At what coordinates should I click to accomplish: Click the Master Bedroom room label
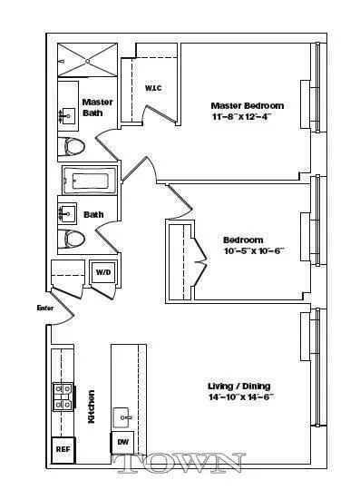(x=242, y=105)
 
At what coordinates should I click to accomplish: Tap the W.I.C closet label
(x=152, y=88)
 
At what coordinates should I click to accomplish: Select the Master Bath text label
(x=97, y=107)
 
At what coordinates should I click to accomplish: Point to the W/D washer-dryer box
(x=103, y=271)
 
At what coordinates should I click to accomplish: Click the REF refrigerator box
(x=63, y=449)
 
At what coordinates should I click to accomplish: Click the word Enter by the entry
(x=45, y=309)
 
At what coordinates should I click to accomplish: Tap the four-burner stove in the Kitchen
(x=62, y=396)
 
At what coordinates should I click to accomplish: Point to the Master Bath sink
(x=68, y=116)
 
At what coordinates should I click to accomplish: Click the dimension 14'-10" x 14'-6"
(x=242, y=397)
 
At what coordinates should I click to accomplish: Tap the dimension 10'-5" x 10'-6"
(x=242, y=251)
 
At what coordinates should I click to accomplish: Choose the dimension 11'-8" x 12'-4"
(x=242, y=117)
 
